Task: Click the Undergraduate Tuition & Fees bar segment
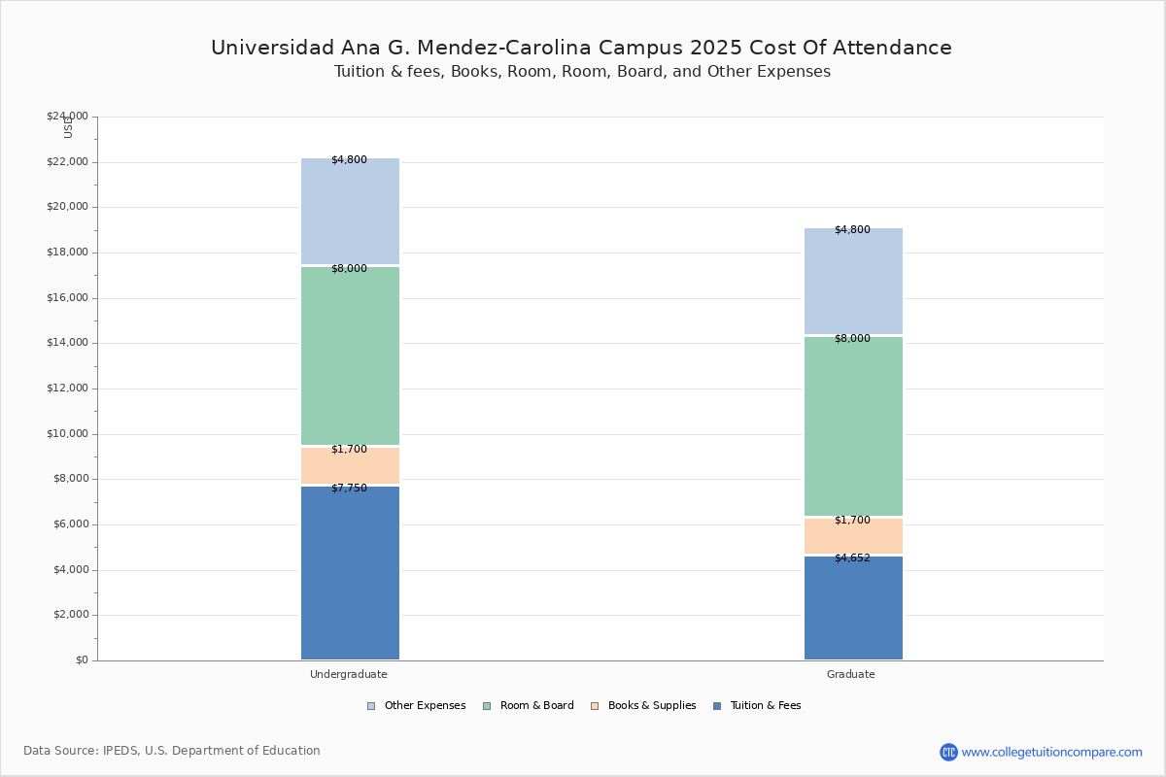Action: pos(351,573)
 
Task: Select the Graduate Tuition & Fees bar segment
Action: pos(854,608)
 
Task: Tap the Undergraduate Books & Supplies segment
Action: pos(351,466)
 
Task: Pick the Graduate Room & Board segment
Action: pos(854,426)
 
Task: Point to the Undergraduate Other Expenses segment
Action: pos(351,212)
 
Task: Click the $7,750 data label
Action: pos(349,489)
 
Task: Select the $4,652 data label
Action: pos(853,557)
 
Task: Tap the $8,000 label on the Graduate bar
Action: pos(853,338)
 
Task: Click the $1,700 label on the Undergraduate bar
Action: pos(349,449)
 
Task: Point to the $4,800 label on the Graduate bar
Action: pos(853,229)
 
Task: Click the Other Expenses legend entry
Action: pos(417,706)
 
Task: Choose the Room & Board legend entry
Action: pos(529,706)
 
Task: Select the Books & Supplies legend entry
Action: pos(644,706)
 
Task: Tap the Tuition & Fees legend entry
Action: pos(757,706)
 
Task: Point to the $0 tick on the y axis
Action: pos(83,660)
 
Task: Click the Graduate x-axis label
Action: pos(851,674)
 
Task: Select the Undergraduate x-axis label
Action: pos(349,674)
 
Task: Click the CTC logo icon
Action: pos(948,752)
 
